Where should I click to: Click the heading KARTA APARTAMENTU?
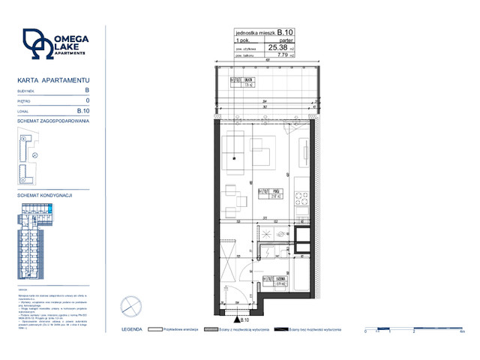tap(43, 79)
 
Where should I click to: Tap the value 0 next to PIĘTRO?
tap(88, 100)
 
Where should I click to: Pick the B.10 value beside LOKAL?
tap(84, 110)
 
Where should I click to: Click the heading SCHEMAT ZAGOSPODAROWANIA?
tap(52, 120)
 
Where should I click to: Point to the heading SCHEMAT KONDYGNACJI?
tap(44, 196)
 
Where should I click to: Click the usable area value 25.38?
tap(277, 46)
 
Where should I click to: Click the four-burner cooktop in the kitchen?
tap(301, 199)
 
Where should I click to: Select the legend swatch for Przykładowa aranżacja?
tap(156, 328)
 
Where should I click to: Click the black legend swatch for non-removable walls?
tap(280, 328)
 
